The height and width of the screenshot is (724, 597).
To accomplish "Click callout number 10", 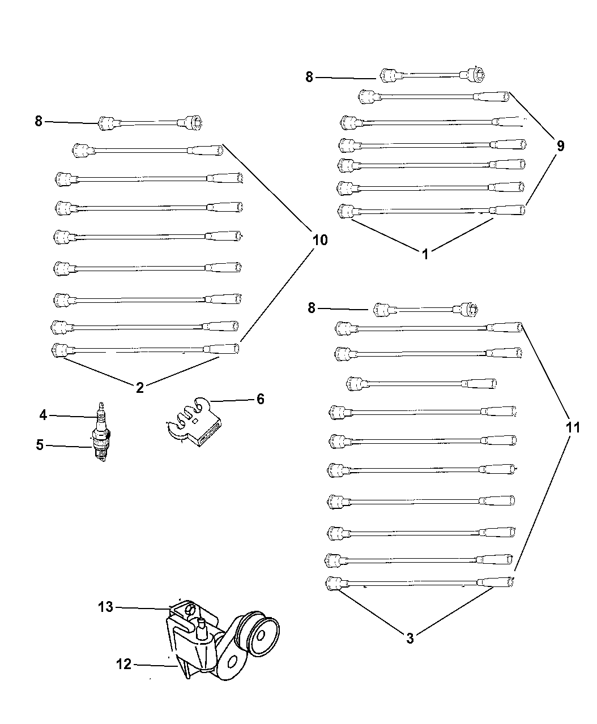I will [x=319, y=240].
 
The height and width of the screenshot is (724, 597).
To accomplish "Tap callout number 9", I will [x=560, y=146].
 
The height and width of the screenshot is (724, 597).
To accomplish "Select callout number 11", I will [x=573, y=427].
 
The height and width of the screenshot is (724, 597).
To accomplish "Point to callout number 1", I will [x=425, y=254].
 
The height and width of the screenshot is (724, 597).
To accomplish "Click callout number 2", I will [x=140, y=388].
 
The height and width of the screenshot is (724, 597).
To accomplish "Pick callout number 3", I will [x=410, y=639].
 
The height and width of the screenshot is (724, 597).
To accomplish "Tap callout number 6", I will [x=260, y=399].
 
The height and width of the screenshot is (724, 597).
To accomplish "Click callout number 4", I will [x=43, y=415].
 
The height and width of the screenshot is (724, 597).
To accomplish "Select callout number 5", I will [x=40, y=445].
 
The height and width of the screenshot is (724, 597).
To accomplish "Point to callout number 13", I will [x=105, y=607].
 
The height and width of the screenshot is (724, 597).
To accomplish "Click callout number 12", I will [x=123, y=664].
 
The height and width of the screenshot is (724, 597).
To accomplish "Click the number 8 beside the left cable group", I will [x=39, y=121].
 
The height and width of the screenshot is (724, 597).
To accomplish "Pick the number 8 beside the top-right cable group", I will [x=309, y=77].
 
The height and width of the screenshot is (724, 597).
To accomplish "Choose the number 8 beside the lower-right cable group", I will [x=311, y=308].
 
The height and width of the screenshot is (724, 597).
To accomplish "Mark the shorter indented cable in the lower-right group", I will [x=421, y=383].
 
